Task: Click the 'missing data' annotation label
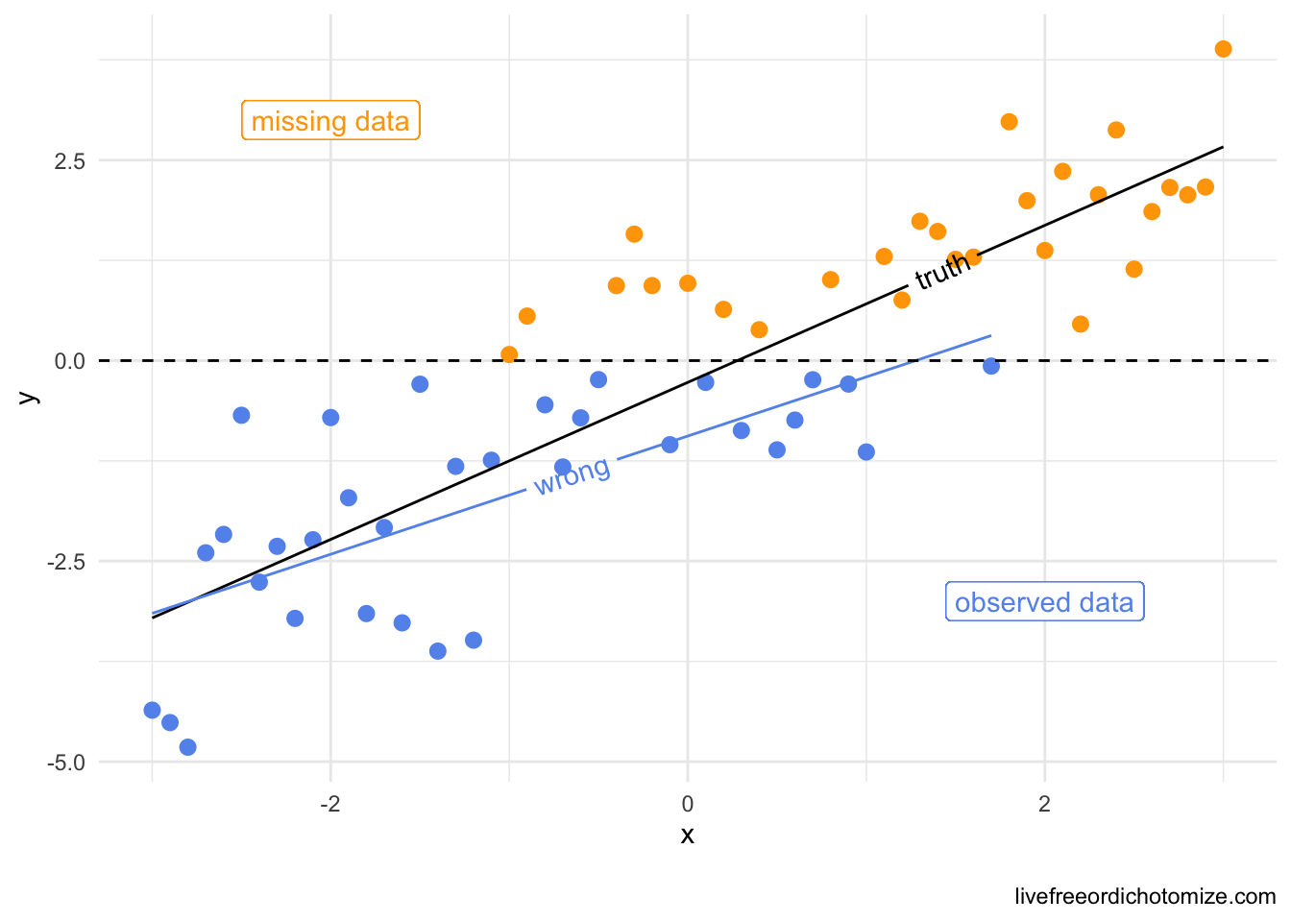pyautogui.click(x=330, y=121)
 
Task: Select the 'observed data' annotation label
pyautogui.click(x=1044, y=602)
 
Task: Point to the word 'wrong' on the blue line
pyautogui.click(x=572, y=475)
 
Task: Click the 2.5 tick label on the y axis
pyautogui.click(x=70, y=160)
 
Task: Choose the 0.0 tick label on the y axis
pyautogui.click(x=70, y=361)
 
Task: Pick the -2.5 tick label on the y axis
pyautogui.click(x=66, y=562)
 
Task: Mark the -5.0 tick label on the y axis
pyautogui.click(x=66, y=763)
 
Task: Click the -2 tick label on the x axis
pyautogui.click(x=330, y=803)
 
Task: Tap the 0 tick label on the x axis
pyautogui.click(x=688, y=803)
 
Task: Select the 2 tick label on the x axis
pyautogui.click(x=1044, y=803)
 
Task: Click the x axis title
pyautogui.click(x=688, y=836)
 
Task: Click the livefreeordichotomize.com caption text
pyautogui.click(x=1145, y=897)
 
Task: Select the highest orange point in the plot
pyautogui.click(x=1223, y=49)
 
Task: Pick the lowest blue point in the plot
pyautogui.click(x=188, y=747)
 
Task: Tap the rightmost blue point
pyautogui.click(x=991, y=366)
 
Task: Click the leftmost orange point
pyautogui.click(x=509, y=354)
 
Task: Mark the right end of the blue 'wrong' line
pyautogui.click(x=990, y=335)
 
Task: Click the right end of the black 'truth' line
pyautogui.click(x=1223, y=147)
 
